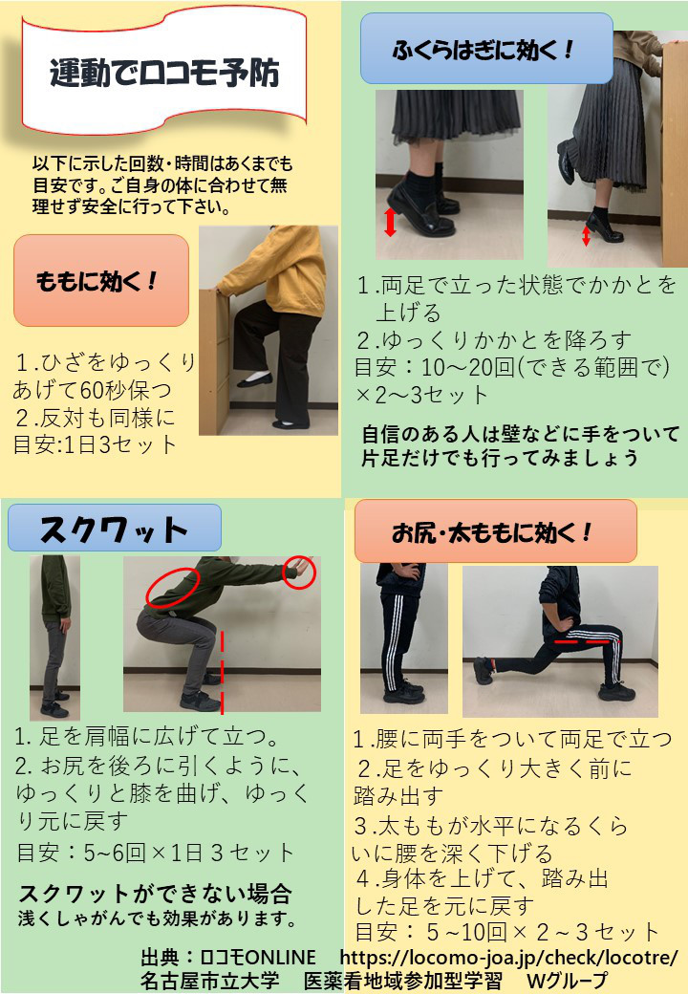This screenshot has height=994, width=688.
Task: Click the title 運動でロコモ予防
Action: [164, 73]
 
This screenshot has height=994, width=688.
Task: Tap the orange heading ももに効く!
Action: [97, 281]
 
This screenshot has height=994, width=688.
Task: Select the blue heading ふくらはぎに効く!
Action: [483, 50]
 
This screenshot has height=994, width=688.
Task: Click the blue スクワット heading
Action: [114, 529]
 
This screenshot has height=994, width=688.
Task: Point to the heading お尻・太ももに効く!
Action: [491, 532]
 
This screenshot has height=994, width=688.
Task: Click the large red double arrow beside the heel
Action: [390, 222]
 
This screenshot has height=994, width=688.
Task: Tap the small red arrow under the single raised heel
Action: [586, 236]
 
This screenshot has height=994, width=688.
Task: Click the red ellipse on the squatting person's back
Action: [172, 587]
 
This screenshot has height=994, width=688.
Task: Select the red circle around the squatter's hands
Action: [299, 572]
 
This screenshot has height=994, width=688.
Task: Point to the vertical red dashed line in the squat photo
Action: [223, 672]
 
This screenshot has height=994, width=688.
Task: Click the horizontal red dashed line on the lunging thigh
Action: [587, 641]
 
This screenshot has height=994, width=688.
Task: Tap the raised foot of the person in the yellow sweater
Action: [255, 379]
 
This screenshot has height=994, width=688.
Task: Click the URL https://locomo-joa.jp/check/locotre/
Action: [508, 958]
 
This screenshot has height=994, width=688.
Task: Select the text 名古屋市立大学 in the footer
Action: [209, 980]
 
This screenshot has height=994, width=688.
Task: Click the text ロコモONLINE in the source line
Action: [258, 958]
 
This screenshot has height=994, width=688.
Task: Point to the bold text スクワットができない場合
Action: [155, 894]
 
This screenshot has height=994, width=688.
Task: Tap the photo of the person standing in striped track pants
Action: [404, 638]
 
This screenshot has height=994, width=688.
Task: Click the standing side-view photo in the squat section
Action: [55, 637]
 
